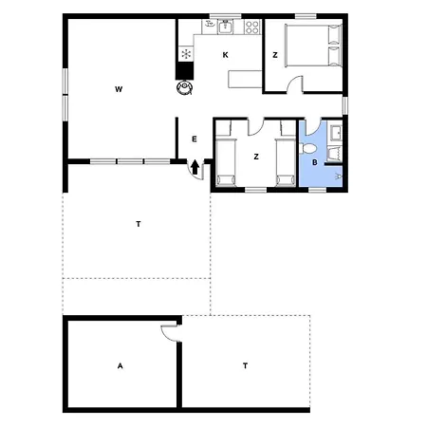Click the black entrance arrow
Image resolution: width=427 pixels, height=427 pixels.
[195, 167]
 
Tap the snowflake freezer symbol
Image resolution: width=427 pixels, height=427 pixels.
[186, 53]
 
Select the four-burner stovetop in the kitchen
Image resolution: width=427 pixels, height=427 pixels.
[252, 27]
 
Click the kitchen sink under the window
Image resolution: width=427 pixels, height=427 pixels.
[225, 27]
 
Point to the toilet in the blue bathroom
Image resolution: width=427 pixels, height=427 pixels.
[307, 148]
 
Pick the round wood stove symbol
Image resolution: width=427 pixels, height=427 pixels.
[185, 87]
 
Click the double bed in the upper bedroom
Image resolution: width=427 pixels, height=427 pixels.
[313, 46]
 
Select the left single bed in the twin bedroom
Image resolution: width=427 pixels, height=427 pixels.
[226, 162]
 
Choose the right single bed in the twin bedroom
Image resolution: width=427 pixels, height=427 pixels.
[286, 162]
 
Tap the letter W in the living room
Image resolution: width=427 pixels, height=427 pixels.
[119, 89]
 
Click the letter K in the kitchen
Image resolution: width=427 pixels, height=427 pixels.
[225, 55]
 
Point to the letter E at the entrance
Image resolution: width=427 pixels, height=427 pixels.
[195, 139]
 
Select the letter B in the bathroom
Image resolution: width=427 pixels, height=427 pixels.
[315, 162]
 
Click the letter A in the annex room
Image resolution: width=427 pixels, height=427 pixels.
[121, 366]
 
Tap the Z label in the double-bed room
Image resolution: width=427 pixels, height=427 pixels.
[275, 55]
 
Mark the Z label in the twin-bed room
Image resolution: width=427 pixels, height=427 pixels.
[256, 157]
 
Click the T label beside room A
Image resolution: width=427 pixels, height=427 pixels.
[245, 366]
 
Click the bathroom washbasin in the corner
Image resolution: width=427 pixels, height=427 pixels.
[336, 133]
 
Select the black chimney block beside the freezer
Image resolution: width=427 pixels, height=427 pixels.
[185, 70]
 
